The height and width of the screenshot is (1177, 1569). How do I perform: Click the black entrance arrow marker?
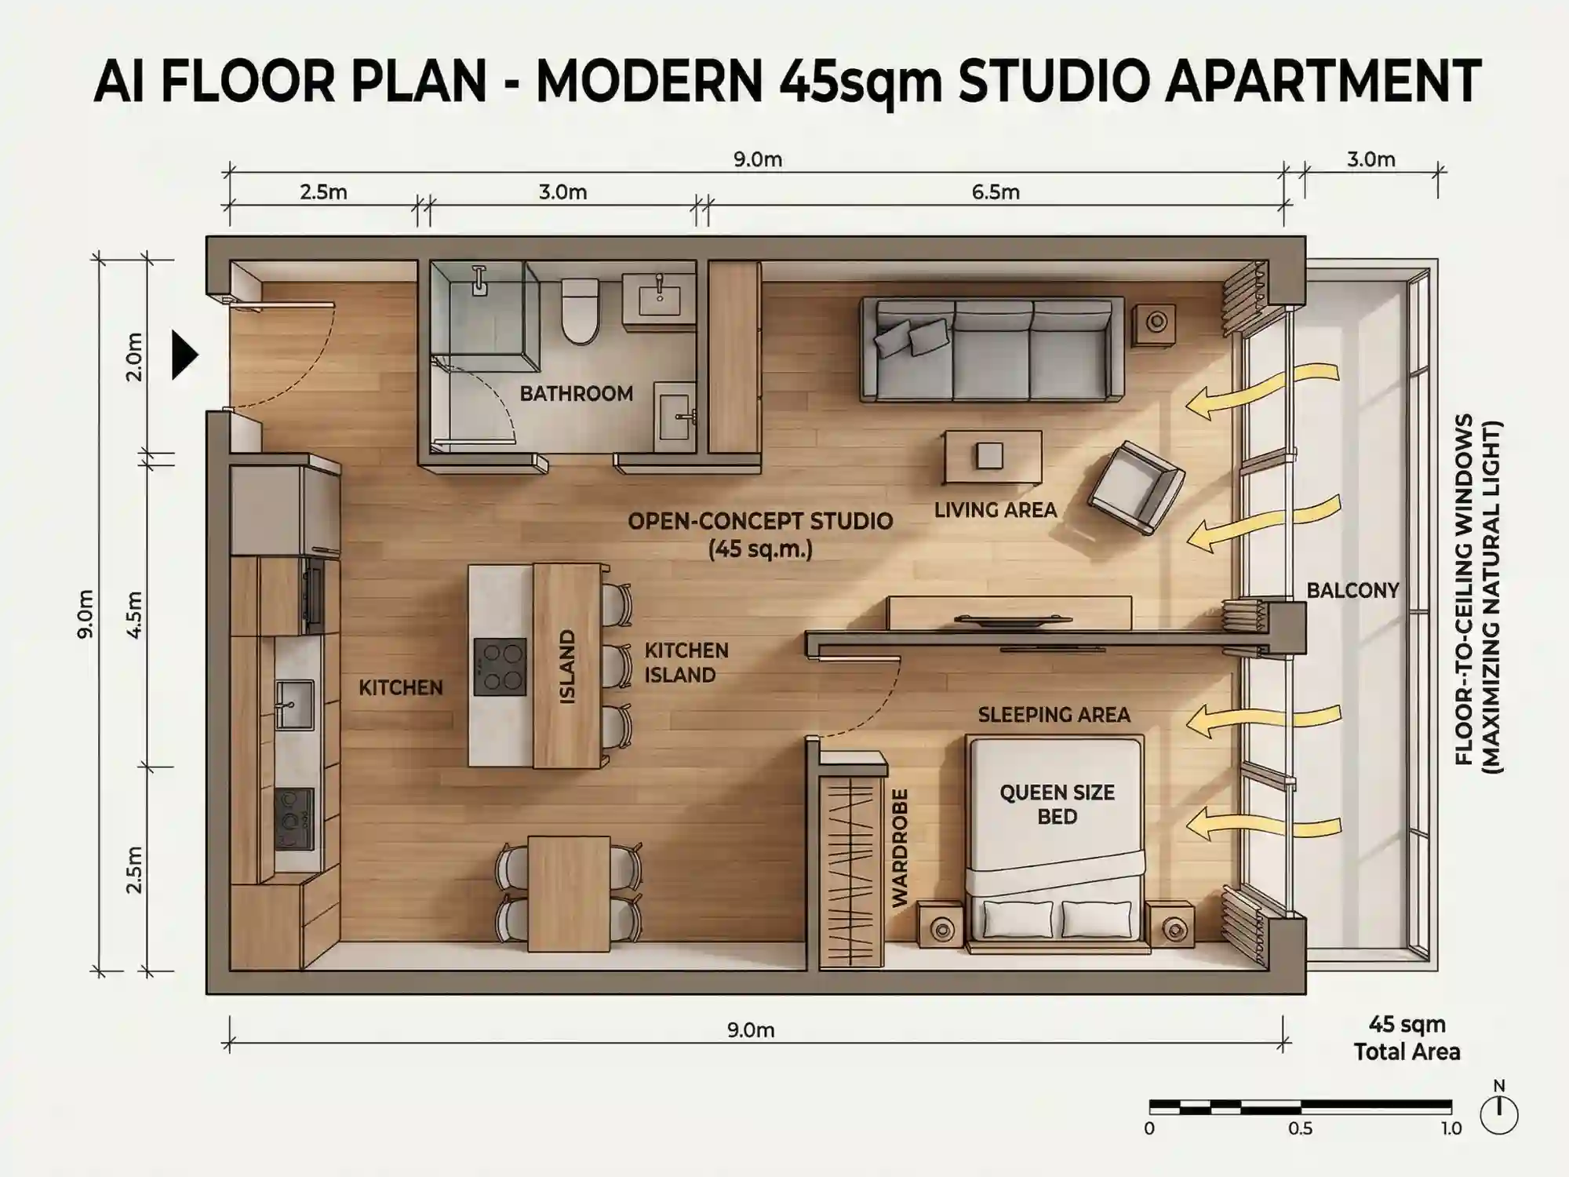[x=184, y=355]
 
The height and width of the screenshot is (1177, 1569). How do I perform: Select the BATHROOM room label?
[x=576, y=393]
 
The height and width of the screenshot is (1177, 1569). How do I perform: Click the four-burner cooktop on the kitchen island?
[x=500, y=666]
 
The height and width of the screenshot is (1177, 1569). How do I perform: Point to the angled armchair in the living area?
[x=1135, y=487]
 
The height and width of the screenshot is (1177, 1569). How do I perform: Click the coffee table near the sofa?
[x=993, y=457]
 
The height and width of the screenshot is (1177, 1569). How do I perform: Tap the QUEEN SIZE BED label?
[x=1057, y=804]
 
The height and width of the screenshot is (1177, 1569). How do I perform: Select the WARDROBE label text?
[x=900, y=847]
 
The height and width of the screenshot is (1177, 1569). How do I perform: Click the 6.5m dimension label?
[x=996, y=192]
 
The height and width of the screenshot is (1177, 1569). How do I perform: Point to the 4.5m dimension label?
[x=135, y=614]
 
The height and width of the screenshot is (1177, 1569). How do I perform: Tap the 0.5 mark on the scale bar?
[x=1300, y=1128]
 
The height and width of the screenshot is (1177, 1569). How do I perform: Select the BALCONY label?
[x=1352, y=590]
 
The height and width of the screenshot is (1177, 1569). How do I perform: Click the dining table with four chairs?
[x=569, y=893]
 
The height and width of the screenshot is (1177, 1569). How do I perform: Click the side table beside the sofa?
[x=1154, y=322]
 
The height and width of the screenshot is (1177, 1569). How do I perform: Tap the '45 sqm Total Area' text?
[x=1407, y=1038]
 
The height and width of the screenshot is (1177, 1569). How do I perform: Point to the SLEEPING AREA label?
[x=1054, y=715]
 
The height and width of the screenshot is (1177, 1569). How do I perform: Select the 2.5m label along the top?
[x=323, y=192]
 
